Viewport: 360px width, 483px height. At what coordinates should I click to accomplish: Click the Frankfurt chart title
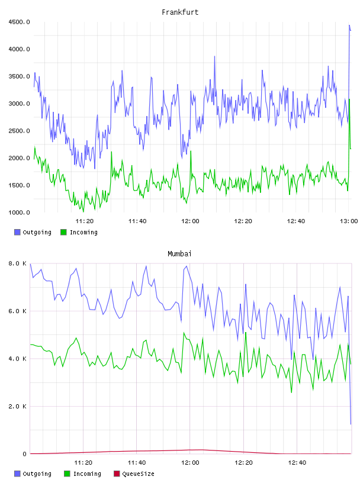pos(180,12)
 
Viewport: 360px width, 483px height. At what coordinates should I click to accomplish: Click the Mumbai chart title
pos(179,254)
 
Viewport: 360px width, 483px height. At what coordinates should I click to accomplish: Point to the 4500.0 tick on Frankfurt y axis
pos(19,22)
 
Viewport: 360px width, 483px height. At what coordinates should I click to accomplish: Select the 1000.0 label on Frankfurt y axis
pos(19,212)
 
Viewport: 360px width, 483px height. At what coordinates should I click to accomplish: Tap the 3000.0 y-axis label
pos(19,104)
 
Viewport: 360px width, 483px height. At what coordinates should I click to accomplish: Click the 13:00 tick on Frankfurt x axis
pos(349,221)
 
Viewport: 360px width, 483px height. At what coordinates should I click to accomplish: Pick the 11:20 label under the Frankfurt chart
pos(85,221)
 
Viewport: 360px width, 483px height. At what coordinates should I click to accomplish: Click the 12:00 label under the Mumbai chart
pos(190,463)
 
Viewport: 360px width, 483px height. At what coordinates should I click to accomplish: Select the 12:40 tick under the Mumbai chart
pos(297,463)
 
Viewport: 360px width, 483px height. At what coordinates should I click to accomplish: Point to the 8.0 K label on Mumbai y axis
pos(18,263)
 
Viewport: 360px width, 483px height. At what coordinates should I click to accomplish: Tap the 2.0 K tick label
pos(18,407)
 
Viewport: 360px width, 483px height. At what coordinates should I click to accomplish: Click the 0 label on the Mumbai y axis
pos(25,454)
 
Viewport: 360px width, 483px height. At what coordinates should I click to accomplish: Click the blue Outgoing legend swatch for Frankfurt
pos(17,232)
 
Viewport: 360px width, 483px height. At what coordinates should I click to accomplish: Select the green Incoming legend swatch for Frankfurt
pos(63,232)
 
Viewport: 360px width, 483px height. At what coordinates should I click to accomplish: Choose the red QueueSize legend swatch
pos(117,474)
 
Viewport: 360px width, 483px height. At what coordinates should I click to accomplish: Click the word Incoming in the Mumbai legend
pos(87,474)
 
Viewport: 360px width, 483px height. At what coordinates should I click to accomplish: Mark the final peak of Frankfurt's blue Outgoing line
pos(349,25)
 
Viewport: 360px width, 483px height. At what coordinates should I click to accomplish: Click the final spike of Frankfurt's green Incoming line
pos(349,99)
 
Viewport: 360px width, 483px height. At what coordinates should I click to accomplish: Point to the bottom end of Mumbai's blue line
pos(351,424)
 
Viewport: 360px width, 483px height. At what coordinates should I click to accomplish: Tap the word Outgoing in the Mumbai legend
pos(37,474)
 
